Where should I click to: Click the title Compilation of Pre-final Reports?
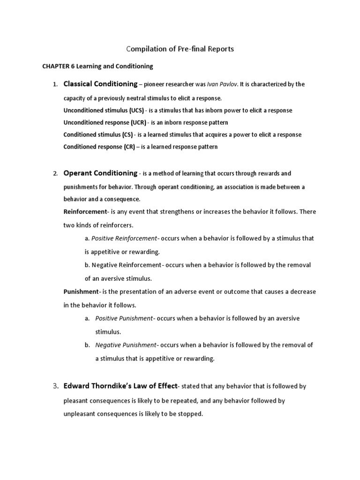180,49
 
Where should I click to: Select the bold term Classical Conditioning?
100,84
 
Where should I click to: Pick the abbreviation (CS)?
127,135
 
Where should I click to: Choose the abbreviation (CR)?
129,147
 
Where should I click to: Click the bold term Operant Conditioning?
100,173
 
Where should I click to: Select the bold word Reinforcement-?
85,212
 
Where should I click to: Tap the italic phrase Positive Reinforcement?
124,238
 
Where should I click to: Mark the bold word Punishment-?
82,292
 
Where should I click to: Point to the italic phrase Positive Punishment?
124,318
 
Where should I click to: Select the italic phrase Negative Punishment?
125,345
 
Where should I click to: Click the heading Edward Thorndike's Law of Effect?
120,386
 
